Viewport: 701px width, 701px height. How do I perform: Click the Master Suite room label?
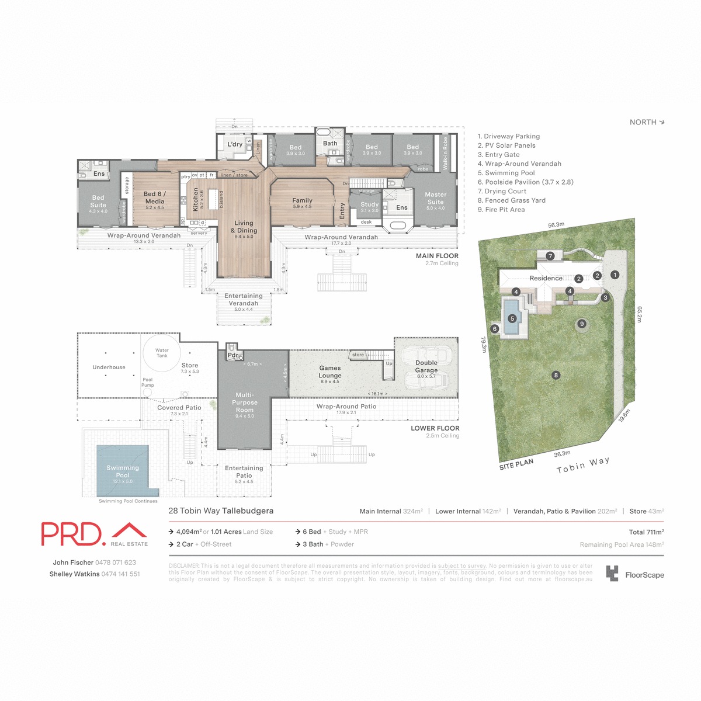tap(435, 198)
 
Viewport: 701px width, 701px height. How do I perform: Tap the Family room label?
tap(302, 200)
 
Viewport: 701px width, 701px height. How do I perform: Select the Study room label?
tap(369, 205)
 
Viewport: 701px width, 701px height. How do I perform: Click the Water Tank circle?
tap(162, 353)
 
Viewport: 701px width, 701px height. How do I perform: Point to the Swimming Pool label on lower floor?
tap(123, 471)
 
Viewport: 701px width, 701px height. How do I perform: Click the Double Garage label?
tap(426, 366)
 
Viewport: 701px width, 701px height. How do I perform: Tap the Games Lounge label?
tap(329, 372)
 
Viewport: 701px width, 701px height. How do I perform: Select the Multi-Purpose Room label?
tap(244, 402)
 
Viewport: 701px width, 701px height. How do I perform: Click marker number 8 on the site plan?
tap(556, 375)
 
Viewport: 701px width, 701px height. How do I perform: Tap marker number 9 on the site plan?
tap(581, 324)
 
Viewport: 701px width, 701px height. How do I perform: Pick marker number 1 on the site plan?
tap(615, 275)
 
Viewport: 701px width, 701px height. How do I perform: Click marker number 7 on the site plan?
tap(550, 256)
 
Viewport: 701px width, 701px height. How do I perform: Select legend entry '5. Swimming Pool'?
tap(506, 173)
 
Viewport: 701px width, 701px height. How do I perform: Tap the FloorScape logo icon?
tap(612, 574)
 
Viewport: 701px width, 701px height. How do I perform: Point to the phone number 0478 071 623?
tap(116, 563)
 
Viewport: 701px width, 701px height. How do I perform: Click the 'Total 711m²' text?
tap(646, 532)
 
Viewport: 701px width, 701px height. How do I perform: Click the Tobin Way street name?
tap(582, 466)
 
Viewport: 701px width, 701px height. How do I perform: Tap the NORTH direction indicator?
tap(647, 122)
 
